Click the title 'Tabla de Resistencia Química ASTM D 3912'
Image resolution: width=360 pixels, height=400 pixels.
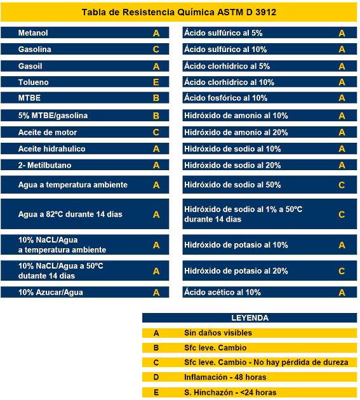point(179,12)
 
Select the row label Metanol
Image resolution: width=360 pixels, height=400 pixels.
point(33,33)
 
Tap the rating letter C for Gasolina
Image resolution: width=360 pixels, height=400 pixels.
point(156,49)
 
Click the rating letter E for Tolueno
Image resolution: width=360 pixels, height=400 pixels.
point(156,82)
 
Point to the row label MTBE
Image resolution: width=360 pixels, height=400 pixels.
point(29,98)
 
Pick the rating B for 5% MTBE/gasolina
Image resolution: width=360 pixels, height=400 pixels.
point(156,116)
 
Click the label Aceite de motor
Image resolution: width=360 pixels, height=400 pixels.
point(48,133)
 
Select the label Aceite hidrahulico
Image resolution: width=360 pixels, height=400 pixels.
point(52,149)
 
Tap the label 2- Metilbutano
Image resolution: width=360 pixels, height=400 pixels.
point(44,165)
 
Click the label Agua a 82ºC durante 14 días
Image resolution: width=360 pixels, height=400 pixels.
point(70,214)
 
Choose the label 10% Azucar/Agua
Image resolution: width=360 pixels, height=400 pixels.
point(51,292)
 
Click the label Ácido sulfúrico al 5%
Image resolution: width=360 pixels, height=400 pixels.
point(223,33)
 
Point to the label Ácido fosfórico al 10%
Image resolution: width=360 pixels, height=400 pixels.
point(226,98)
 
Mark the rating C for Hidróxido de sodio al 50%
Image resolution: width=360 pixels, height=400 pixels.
point(342,185)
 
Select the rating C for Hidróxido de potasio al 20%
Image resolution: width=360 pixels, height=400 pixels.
point(342,271)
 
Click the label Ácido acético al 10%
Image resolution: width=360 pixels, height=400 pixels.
point(222,292)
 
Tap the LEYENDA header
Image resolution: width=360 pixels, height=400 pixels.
point(250,318)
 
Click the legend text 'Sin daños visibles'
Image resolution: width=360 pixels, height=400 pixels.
point(218,333)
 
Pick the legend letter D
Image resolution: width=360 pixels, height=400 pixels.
point(156,377)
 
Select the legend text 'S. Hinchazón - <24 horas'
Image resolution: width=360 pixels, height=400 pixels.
point(230,392)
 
